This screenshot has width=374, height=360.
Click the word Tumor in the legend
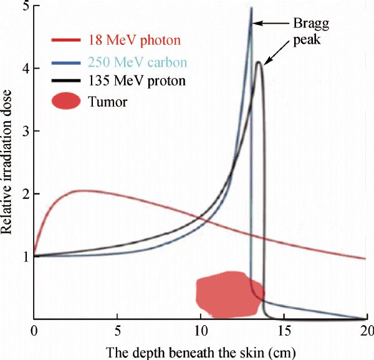[x=112, y=101]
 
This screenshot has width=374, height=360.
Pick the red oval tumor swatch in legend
[x=66, y=101]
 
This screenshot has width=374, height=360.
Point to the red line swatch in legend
[x=66, y=42]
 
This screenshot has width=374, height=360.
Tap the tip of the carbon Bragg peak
[x=251, y=8]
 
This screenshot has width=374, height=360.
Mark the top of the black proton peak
[x=258, y=62]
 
